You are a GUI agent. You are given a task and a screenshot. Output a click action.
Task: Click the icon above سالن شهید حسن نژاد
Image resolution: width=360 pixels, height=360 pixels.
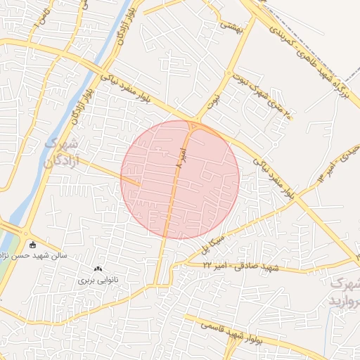coord(32,245)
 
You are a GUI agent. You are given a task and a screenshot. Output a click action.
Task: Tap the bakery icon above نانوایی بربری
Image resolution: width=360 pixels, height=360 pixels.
coord(98,269)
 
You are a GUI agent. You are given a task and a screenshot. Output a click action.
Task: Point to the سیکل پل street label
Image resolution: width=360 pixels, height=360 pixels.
coord(211,245)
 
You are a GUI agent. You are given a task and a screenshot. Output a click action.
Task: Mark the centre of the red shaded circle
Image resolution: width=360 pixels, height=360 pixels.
coord(180,179)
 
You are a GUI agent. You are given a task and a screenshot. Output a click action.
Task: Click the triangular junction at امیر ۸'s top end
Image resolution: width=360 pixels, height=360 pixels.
coord(193,127)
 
